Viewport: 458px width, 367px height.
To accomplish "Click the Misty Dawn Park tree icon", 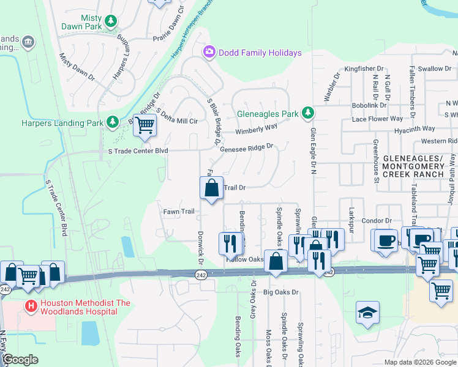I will (111, 22).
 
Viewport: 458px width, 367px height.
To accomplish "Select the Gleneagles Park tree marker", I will (308, 113).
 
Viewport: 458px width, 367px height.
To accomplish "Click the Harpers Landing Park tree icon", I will (113, 122).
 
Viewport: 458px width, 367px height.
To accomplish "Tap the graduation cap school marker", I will (367, 313).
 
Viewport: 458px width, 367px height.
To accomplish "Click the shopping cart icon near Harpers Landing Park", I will (145, 125).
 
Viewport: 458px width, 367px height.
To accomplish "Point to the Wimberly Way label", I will (257, 129).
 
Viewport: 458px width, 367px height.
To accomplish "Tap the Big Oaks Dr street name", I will (280, 292).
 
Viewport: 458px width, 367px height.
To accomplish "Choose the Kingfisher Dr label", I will (364, 69).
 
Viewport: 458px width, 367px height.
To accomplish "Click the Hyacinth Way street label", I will (415, 129).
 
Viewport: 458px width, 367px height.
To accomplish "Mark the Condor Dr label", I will (377, 221).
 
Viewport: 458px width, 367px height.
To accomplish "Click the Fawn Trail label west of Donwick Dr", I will (178, 212).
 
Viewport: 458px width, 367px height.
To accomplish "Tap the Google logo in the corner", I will (20, 360).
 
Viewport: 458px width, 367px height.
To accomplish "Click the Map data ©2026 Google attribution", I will (419, 362).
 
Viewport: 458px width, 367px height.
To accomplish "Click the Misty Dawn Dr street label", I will (77, 67).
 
